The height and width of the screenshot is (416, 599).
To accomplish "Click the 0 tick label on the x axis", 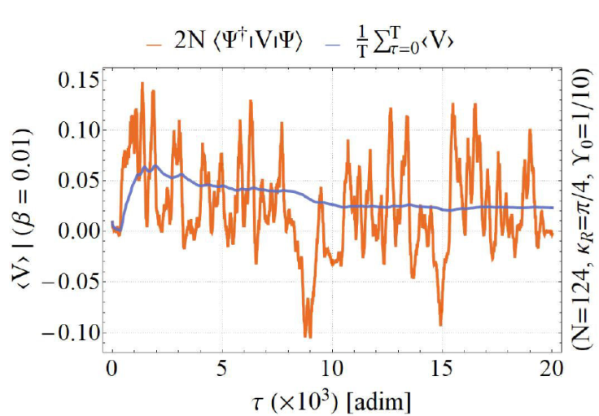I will [x=111, y=366].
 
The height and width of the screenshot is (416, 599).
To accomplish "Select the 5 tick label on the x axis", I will [x=221, y=366].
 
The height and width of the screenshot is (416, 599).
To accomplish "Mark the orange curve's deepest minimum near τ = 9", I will [x=308, y=335].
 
